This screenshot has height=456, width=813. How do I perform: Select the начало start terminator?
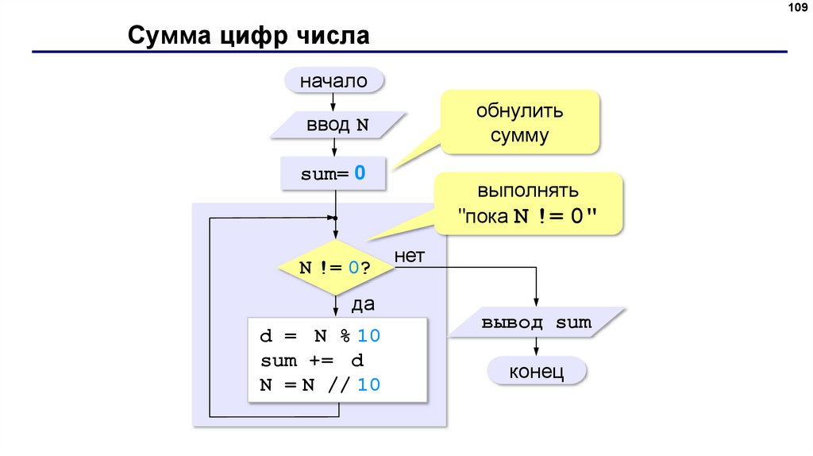333,80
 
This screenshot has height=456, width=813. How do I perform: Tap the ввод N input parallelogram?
337,126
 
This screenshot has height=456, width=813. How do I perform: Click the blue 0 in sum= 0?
360,173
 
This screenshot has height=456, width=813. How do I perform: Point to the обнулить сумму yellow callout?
519,122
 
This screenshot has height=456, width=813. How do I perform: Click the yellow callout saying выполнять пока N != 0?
527,204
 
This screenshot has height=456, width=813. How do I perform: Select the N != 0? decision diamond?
336,268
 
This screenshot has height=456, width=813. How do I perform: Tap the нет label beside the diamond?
410,256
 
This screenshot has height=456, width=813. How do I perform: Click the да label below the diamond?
363,303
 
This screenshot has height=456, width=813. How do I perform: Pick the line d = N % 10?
321,336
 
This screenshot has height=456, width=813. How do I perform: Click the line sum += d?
312,361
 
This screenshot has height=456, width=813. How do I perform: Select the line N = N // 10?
321,385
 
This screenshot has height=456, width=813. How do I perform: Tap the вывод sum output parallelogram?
537,323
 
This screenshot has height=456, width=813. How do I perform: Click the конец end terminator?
537,371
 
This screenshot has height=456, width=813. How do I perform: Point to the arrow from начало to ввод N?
334,101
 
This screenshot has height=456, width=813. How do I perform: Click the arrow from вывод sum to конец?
537,346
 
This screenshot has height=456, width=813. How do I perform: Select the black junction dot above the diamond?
336,218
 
